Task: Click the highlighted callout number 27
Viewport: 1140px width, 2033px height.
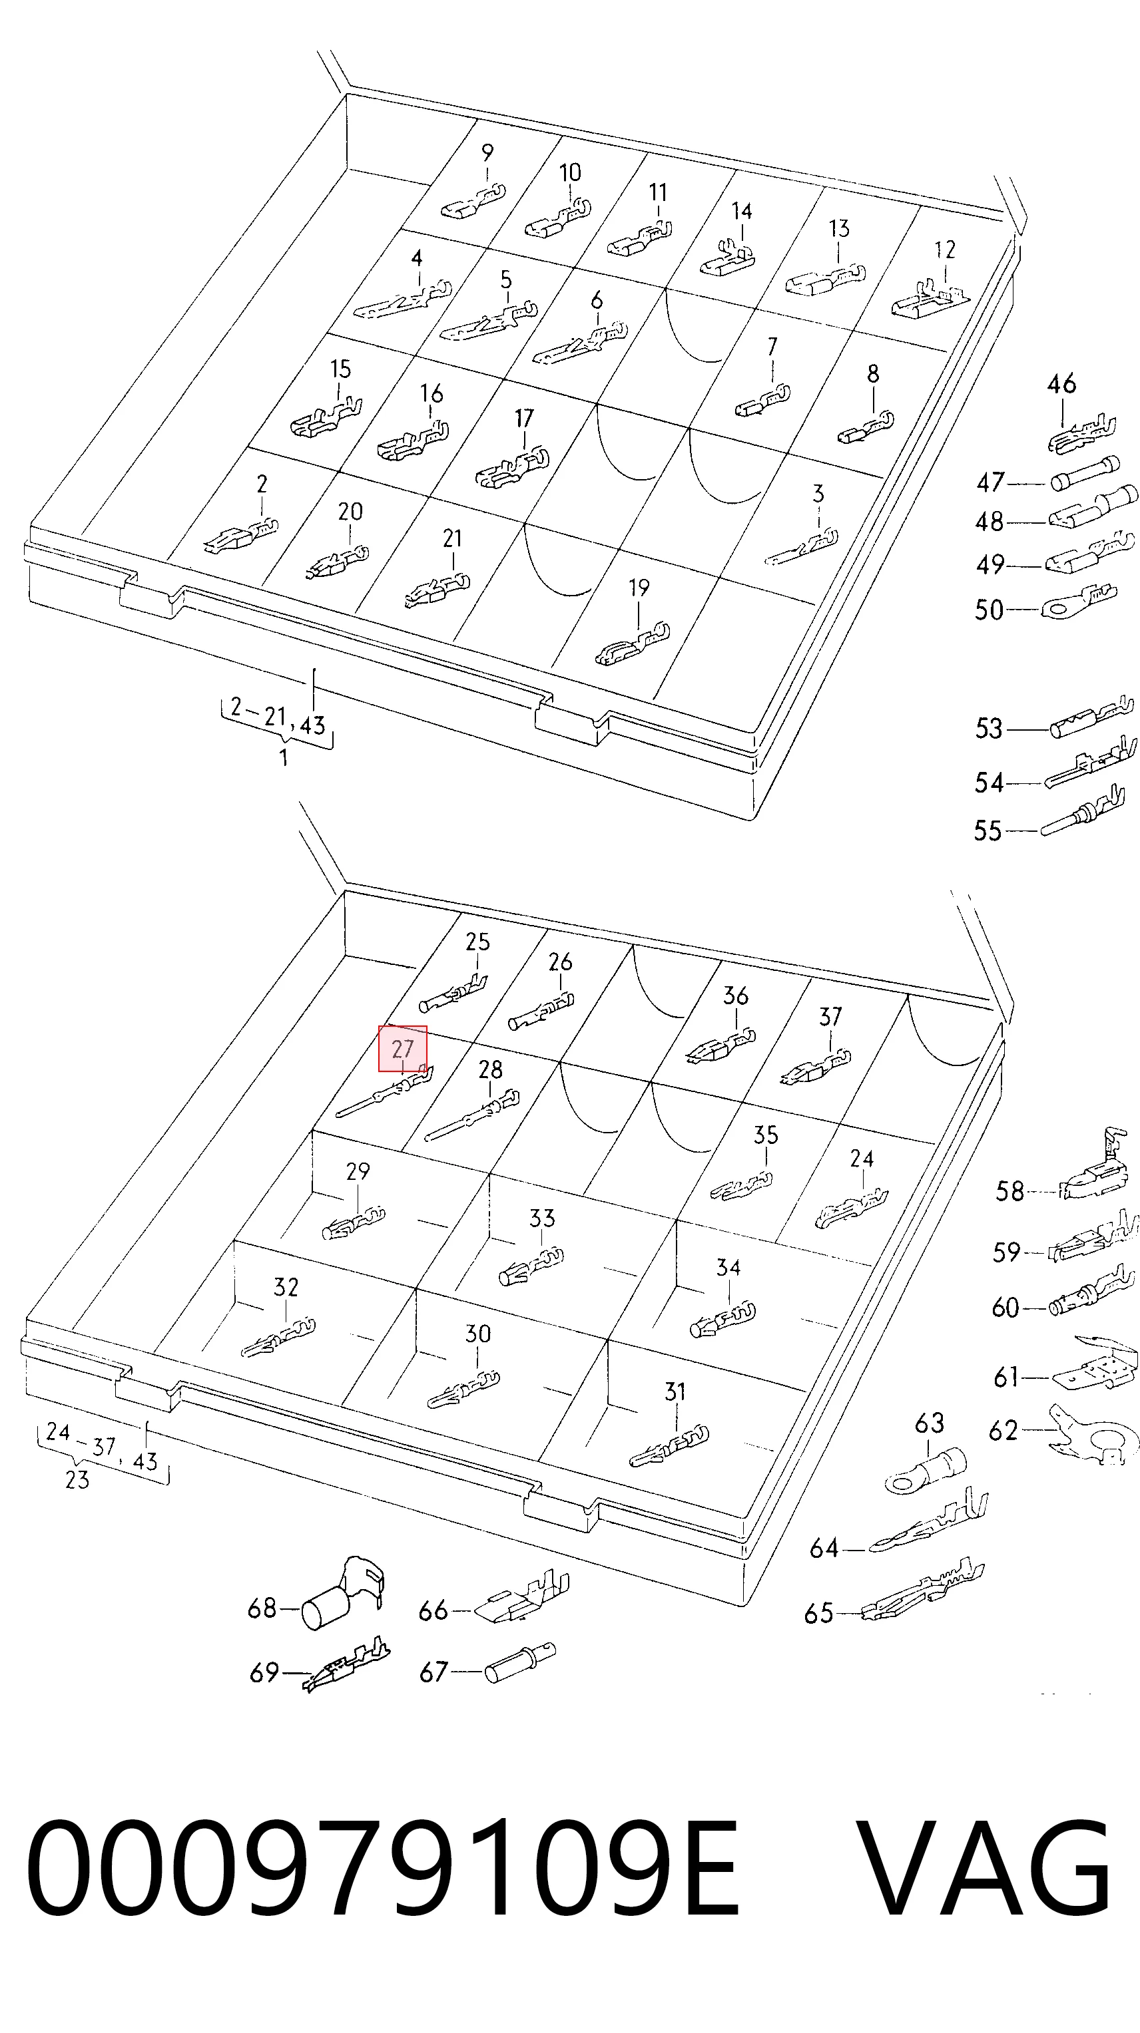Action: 403,1049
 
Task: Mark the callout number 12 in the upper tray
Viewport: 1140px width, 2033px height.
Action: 944,250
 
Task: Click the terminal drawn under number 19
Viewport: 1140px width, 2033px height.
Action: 631,646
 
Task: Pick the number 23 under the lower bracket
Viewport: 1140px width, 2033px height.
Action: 77,1480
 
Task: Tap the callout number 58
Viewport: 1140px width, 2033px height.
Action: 1009,1191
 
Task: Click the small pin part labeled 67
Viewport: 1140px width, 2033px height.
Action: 519,1662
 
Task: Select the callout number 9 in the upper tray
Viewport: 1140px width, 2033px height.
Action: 487,152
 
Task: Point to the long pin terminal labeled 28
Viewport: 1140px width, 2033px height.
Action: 472,1115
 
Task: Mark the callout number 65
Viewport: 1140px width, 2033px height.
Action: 818,1613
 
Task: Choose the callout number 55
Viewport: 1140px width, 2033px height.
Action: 987,831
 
